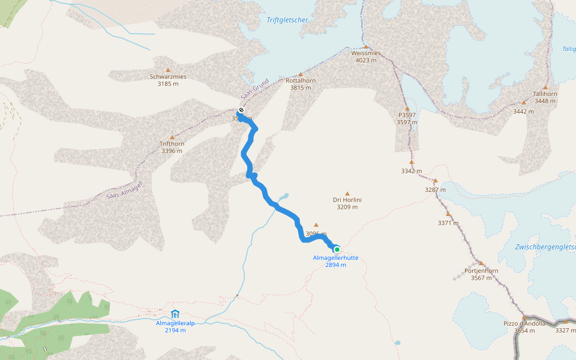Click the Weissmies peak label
click(365, 53)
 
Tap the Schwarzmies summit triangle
click(168, 70)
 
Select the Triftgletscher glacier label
click(288, 20)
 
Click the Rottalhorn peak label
click(301, 80)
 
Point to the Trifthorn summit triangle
click(172, 137)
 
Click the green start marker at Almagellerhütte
click(337, 249)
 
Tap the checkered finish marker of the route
click(241, 110)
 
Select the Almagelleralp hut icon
click(175, 313)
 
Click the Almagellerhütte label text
click(335, 258)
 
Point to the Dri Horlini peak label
click(347, 200)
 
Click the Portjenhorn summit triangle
click(481, 263)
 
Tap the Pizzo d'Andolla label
click(524, 323)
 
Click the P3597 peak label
click(407, 115)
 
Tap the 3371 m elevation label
click(448, 223)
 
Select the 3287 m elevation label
click(436, 190)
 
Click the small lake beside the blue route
click(283, 196)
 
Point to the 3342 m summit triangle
click(412, 162)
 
